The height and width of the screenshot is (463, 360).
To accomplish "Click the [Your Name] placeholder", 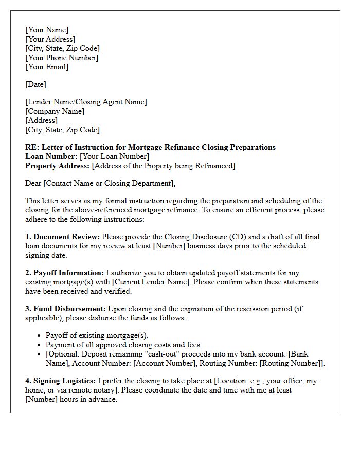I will (x=47, y=30).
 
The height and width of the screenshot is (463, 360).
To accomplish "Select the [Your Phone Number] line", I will (x=62, y=58).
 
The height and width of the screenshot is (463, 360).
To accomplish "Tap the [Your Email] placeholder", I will (x=47, y=67).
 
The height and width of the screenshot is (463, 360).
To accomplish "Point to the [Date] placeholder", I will (x=35, y=84).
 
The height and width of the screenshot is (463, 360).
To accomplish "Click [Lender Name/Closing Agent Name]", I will (x=86, y=102).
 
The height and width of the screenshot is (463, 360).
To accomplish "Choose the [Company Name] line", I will (x=55, y=111).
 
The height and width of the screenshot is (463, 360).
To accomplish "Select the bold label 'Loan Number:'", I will (x=51, y=156).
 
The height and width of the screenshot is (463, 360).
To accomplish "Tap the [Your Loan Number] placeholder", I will (x=115, y=156).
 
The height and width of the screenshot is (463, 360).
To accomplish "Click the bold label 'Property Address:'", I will (x=58, y=166).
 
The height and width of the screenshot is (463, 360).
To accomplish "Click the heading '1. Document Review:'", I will (x=63, y=237).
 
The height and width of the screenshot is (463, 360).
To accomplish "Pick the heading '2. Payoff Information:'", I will (x=64, y=273).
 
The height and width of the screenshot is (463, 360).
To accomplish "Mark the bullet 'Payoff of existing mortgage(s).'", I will (x=97, y=335).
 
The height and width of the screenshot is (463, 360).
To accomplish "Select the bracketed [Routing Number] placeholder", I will (x=291, y=363).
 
